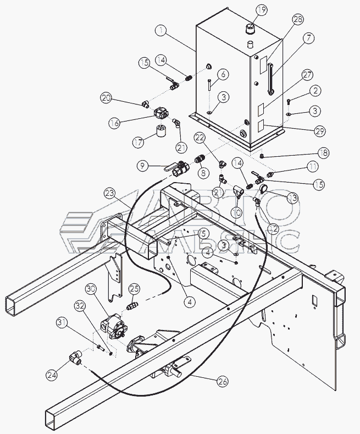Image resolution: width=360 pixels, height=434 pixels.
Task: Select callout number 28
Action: [297, 20]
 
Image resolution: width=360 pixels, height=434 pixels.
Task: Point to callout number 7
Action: [308, 39]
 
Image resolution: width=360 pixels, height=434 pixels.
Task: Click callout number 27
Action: [307, 74]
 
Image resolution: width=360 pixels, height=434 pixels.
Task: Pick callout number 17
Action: [139, 141]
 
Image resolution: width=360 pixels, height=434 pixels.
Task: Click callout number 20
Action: [106, 98]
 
